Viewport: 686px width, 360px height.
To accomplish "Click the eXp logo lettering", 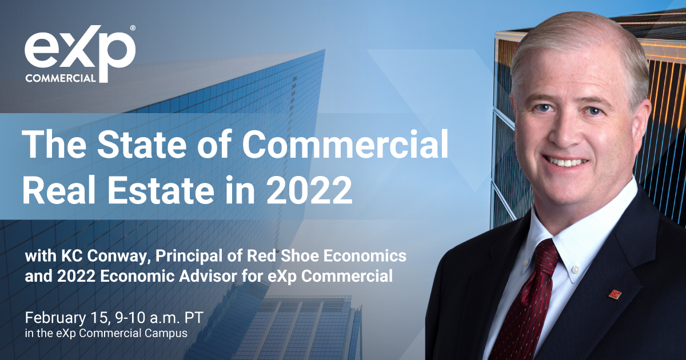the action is pyautogui.click(x=79, y=50).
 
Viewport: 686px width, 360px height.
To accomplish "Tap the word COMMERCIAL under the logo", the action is pyautogui.click(x=61, y=78).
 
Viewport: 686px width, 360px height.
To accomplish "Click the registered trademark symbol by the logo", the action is pyautogui.click(x=133, y=28).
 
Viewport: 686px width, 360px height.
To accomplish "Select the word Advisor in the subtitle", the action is pyautogui.click(x=208, y=276).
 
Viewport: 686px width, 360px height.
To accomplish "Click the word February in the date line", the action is pyautogui.click(x=55, y=318).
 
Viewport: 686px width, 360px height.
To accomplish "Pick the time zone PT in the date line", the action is pyautogui.click(x=194, y=318).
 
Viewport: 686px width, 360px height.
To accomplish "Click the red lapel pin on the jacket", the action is pyautogui.click(x=615, y=294).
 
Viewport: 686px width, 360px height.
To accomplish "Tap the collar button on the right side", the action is pyautogui.click(x=576, y=270).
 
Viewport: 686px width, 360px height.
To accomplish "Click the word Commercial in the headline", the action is pyautogui.click(x=345, y=144).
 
